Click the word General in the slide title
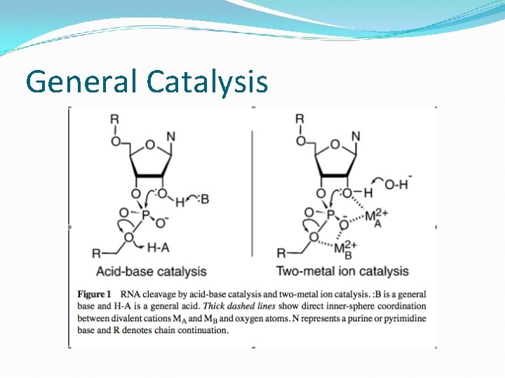click(83, 81)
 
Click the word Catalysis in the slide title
click(208, 81)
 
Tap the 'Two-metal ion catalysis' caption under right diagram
click(342, 271)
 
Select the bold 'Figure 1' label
click(95, 294)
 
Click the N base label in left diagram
click(171, 136)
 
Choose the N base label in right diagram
click(356, 136)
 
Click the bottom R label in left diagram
click(97, 253)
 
